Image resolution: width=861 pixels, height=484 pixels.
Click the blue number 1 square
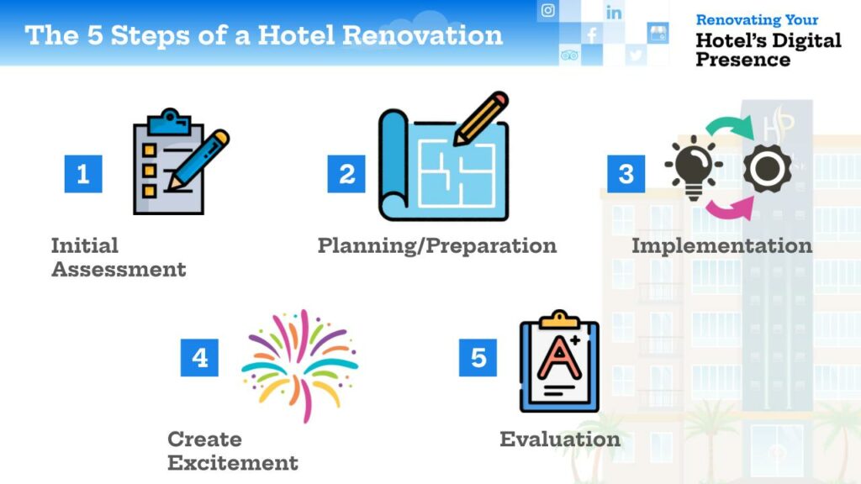[83, 174]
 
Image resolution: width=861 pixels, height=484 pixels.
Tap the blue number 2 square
[346, 174]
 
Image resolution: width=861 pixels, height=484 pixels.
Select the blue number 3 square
[626, 174]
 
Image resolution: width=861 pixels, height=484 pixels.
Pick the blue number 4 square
[199, 358]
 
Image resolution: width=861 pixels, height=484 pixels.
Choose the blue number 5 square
[478, 358]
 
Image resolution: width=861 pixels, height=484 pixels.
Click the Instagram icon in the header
[547, 10]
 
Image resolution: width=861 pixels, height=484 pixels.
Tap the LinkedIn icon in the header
[614, 12]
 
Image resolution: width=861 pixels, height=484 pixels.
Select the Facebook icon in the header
[592, 35]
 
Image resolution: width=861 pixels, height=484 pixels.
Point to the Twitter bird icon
[636, 55]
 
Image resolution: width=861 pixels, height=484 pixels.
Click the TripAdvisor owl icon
[569, 55]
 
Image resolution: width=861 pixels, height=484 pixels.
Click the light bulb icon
[693, 167]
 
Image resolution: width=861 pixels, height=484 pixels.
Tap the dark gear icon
[768, 168]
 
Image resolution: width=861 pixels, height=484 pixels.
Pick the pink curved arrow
[729, 209]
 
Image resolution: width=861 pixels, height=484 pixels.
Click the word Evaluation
[560, 439]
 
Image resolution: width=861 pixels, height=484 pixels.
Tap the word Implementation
[721, 246]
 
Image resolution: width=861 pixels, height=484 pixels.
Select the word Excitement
[233, 463]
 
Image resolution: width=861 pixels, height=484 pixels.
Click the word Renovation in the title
[422, 35]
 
